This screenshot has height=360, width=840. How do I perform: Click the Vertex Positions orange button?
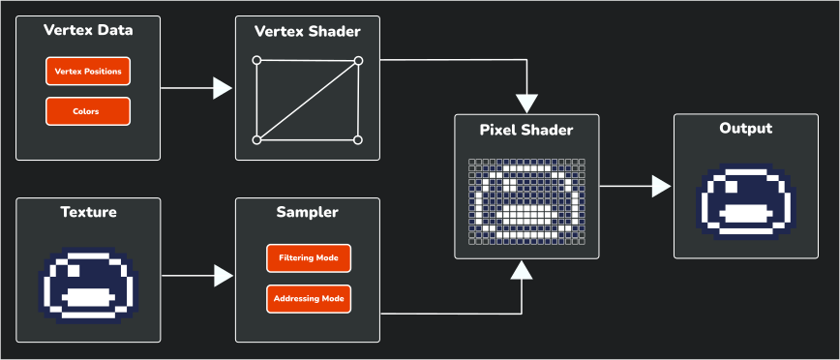tap(87, 72)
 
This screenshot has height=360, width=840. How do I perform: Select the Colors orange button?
tap(87, 111)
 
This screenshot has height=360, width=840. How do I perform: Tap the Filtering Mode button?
tap(308, 259)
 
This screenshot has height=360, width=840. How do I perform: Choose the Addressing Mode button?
tap(308, 298)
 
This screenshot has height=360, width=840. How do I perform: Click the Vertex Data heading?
tap(88, 31)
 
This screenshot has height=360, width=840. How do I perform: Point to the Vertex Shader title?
tap(308, 31)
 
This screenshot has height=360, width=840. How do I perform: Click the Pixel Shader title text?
tap(526, 130)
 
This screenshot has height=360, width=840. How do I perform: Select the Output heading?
tap(746, 129)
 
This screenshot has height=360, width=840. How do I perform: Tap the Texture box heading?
tap(88, 213)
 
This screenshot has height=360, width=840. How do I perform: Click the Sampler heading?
tap(308, 213)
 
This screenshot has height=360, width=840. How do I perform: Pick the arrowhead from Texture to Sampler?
tap(224, 277)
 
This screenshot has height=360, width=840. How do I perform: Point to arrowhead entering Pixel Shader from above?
tap(526, 103)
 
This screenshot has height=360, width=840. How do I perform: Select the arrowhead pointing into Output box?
tap(662, 186)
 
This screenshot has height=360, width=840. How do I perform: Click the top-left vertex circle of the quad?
tap(256, 61)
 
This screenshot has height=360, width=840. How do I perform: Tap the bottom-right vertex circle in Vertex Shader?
tap(358, 140)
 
